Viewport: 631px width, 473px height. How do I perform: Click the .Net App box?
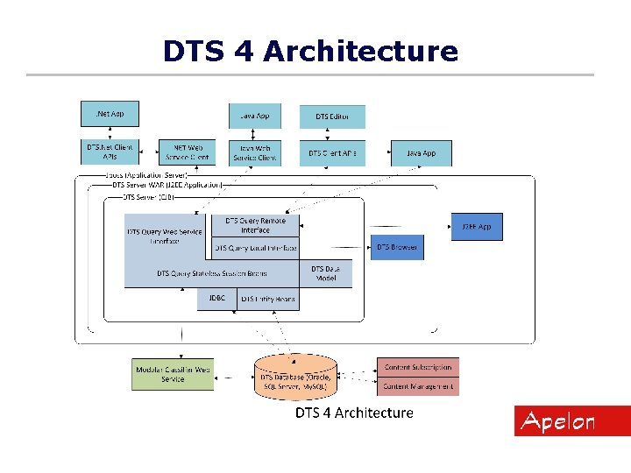[x=110, y=114]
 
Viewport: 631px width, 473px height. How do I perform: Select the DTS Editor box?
[x=332, y=116]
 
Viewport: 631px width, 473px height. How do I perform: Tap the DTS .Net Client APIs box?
[x=110, y=152]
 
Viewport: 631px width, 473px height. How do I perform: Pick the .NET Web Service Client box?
[x=187, y=152]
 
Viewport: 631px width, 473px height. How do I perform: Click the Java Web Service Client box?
[x=255, y=152]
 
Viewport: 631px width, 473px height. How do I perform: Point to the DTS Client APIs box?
[x=332, y=152]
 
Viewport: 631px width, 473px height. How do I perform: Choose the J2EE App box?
[x=477, y=227]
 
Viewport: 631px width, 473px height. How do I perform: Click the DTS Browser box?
[x=397, y=247]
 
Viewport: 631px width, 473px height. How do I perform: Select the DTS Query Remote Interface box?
[x=255, y=225]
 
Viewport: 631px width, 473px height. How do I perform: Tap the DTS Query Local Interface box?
[x=255, y=248]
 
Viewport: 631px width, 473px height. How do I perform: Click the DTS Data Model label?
[x=325, y=273]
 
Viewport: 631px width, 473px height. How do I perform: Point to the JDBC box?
[x=216, y=299]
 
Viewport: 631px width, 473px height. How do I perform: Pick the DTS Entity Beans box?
[x=268, y=299]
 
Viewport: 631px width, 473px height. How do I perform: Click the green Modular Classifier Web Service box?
[x=173, y=374]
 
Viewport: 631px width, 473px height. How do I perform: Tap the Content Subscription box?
[x=418, y=367]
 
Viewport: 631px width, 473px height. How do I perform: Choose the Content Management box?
[x=418, y=385]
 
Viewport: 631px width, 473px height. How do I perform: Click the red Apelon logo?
[x=558, y=421]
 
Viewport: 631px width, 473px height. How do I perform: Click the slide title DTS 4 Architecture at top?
[x=310, y=51]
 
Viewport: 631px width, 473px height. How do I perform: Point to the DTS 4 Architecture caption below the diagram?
[x=353, y=412]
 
